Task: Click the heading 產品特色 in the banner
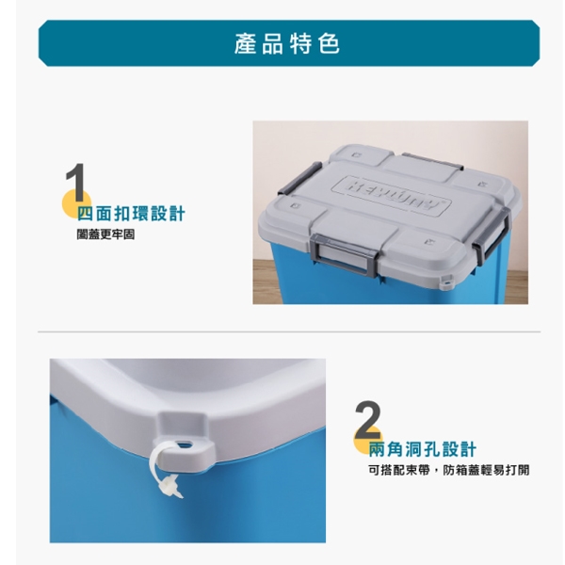tap(287, 43)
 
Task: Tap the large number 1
tap(75, 183)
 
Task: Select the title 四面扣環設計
tap(131, 214)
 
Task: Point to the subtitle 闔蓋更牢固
tap(105, 234)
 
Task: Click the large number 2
tap(368, 419)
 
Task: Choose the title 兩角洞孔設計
tap(422, 449)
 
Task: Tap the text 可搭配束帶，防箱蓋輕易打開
tap(448, 470)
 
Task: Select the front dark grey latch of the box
tap(344, 255)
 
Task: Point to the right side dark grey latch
tap(492, 235)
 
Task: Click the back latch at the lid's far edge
tap(432, 161)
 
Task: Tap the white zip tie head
tap(170, 485)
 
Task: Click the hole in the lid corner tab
tap(186, 444)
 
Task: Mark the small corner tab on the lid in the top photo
tap(447, 281)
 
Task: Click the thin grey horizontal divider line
tap(289, 331)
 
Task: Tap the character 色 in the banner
tap(330, 43)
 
